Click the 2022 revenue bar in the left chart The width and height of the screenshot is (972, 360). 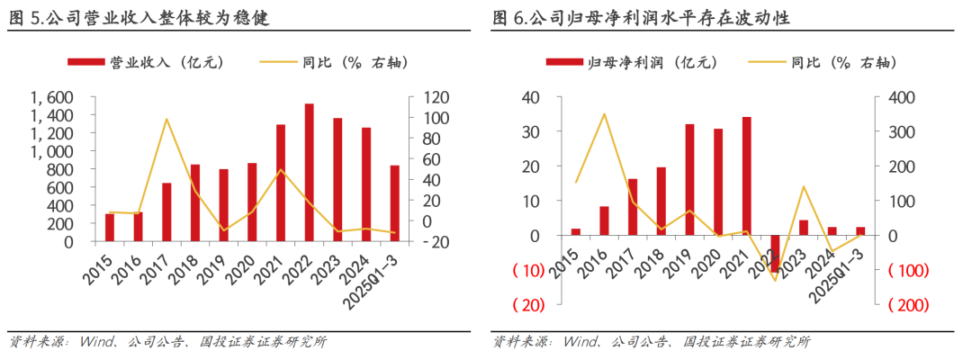point(309,173)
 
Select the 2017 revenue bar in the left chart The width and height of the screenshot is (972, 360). point(166,212)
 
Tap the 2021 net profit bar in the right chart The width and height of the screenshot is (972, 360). point(746,176)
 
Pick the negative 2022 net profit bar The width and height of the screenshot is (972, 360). point(775,253)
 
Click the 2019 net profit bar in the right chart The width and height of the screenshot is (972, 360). point(689,180)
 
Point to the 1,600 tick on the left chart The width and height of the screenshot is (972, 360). point(51,97)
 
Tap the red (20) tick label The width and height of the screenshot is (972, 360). point(528,305)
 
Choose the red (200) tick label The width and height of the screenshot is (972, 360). point(907,305)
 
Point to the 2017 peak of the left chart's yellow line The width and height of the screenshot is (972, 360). point(166,119)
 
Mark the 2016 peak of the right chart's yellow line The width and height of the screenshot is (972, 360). point(604,113)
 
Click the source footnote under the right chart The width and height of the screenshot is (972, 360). point(652,342)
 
